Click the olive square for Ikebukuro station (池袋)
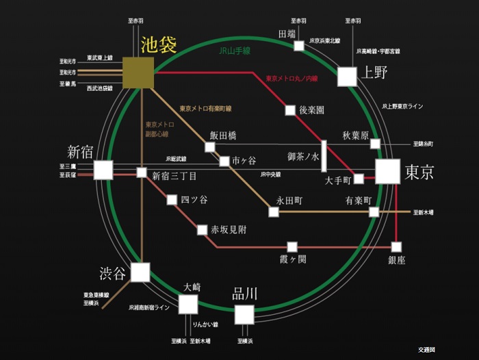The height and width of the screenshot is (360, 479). point(138,73)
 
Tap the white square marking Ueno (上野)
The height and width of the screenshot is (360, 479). point(348,76)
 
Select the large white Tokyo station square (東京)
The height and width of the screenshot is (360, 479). point(387,171)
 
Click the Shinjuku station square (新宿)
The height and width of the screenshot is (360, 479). point(103,170)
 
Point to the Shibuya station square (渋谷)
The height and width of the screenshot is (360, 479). point(140,272)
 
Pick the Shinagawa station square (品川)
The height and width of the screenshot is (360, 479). point(244,314)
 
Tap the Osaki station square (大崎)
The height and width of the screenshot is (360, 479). point(188,304)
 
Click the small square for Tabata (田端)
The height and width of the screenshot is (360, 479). point(299,46)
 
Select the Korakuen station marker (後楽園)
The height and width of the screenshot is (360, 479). point(290,110)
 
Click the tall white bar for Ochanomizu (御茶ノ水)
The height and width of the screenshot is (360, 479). point(324,156)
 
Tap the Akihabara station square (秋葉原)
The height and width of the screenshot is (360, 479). point(375,144)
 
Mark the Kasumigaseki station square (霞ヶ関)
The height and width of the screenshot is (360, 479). point(292,246)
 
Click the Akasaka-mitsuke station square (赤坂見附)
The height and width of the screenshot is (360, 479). point(202,230)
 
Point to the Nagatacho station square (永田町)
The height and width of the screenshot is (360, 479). point(274,212)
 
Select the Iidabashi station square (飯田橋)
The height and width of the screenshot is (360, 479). point(210,146)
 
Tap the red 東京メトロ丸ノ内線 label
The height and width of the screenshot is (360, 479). point(292,79)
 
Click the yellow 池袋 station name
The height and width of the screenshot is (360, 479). point(159,45)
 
